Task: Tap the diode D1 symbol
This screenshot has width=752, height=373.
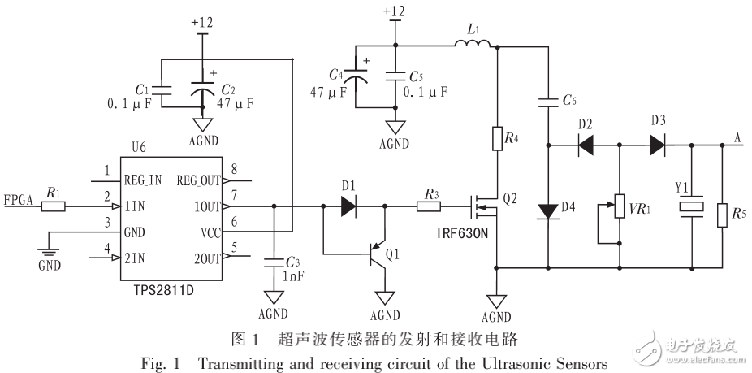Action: (348, 206)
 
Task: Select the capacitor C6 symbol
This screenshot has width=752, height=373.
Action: (549, 102)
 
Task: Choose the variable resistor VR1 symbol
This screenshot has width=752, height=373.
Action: (620, 209)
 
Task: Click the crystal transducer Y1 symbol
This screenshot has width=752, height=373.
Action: (692, 209)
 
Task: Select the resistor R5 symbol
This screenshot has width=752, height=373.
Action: (723, 215)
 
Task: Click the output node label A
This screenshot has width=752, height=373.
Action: (737, 136)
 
